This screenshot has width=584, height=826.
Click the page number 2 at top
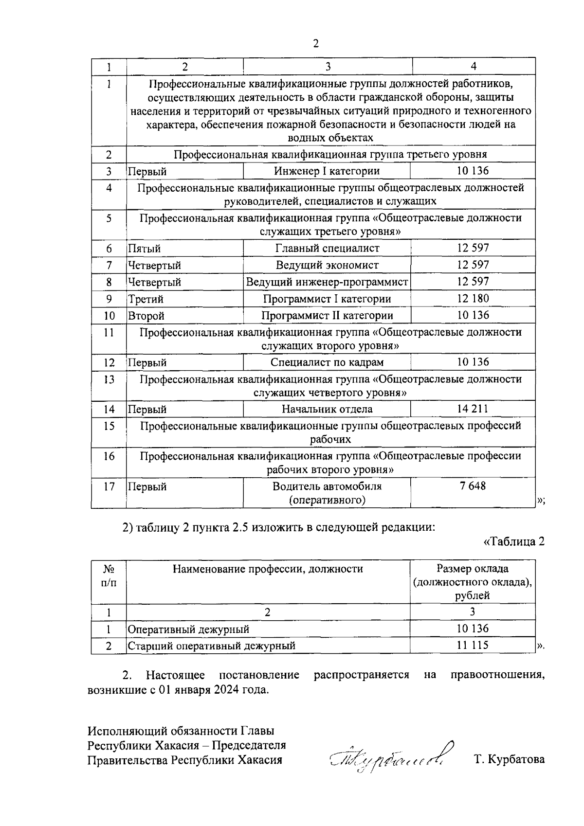click(x=315, y=44)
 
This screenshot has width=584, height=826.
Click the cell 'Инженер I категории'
click(x=327, y=171)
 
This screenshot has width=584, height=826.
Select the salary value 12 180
click(x=473, y=298)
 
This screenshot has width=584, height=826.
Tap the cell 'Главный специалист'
click(x=327, y=248)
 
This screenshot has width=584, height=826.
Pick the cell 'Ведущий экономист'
click(x=327, y=265)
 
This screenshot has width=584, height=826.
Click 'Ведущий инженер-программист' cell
click(x=327, y=282)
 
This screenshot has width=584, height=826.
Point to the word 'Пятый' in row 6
click(x=144, y=249)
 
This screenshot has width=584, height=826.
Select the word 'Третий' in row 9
click(x=146, y=299)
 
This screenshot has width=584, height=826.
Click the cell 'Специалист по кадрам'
click(x=327, y=362)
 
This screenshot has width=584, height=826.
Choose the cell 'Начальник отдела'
click(x=327, y=409)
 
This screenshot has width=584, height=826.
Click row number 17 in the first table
click(x=109, y=486)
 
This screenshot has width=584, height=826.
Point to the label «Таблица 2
click(x=513, y=542)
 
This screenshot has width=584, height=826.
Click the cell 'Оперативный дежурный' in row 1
click(x=188, y=629)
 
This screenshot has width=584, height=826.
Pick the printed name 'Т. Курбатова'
click(x=509, y=759)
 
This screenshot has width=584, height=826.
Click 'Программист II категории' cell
click(x=327, y=315)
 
